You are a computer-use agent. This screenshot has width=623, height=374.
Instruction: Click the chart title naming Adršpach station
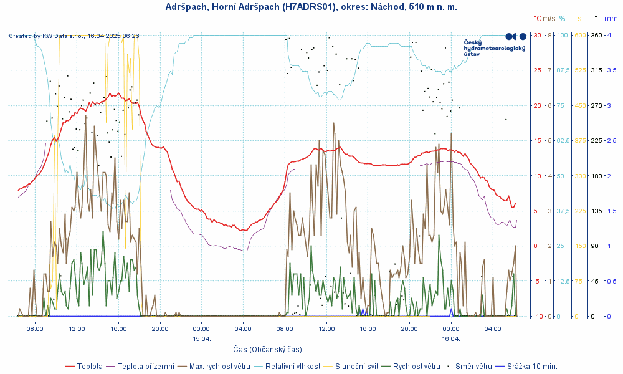click(x=311, y=7)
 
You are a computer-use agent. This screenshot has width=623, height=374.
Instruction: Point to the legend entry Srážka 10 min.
click(x=531, y=366)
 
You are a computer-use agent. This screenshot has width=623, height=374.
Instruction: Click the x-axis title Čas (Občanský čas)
click(x=267, y=350)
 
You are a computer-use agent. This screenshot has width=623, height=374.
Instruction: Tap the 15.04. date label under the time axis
click(x=201, y=339)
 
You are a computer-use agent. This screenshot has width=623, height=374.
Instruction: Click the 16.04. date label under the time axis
click(x=451, y=339)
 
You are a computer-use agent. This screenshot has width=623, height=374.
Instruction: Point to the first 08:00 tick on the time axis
click(x=35, y=328)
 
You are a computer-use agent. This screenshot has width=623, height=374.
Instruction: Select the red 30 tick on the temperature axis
click(x=537, y=35)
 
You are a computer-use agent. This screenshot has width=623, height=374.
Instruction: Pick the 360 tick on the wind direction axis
click(x=596, y=35)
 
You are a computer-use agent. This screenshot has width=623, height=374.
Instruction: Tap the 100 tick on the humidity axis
click(x=563, y=35)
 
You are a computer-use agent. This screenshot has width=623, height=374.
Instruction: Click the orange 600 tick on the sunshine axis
click(x=580, y=35)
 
